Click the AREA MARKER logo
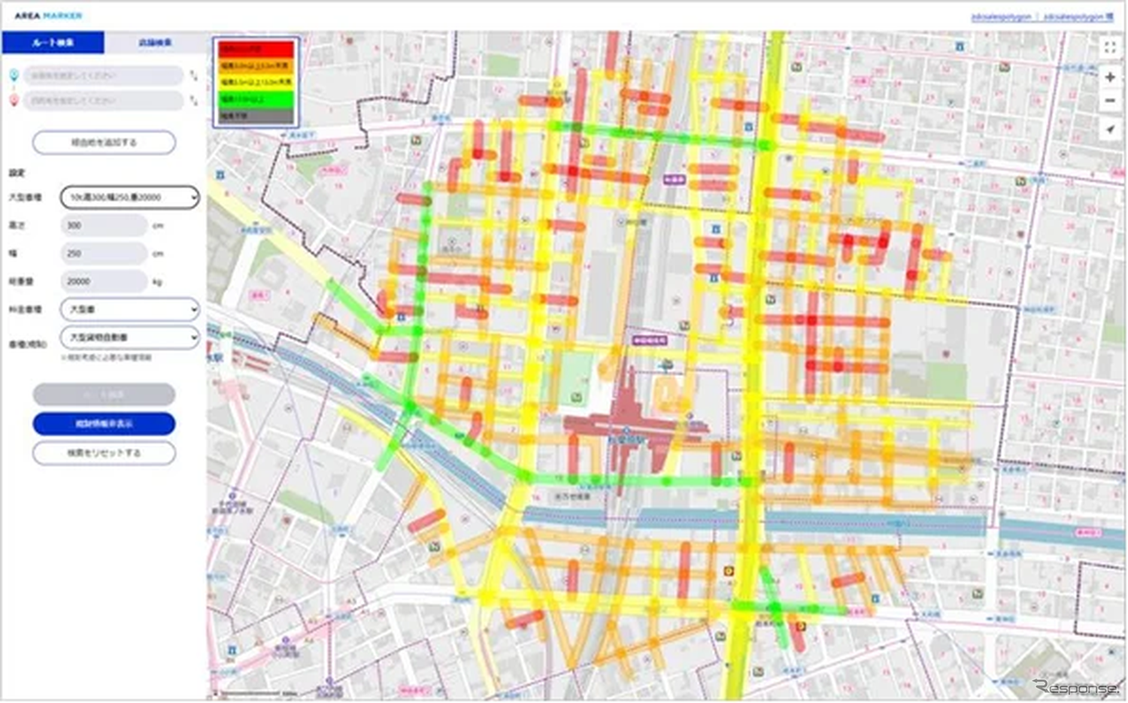[48, 16]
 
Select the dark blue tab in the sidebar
[53, 43]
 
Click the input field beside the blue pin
[103, 76]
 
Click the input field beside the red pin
[103, 101]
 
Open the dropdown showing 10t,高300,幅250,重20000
[129, 197]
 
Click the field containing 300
[103, 226]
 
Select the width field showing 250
[103, 253]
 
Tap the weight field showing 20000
[103, 281]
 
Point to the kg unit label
[157, 282]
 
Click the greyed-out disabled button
[104, 395]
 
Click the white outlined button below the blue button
[104, 453]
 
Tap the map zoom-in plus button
[1110, 77]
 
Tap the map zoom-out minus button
[1110, 101]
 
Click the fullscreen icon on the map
[1110, 48]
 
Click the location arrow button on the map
[1110, 129]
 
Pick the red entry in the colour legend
[256, 50]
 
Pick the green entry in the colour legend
[256, 99]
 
